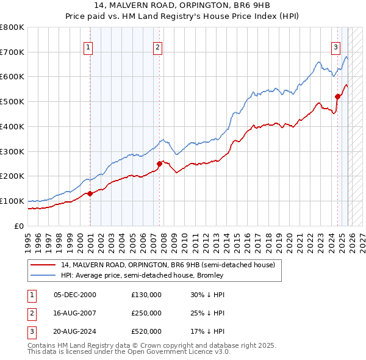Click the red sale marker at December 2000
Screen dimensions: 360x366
tap(90, 193)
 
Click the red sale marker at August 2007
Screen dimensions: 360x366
tap(159, 164)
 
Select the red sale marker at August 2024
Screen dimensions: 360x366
tap(337, 96)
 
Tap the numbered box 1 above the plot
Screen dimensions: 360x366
tap(88, 47)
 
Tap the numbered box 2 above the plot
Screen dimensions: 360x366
tap(157, 47)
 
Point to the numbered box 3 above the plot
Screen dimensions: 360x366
tap(335, 47)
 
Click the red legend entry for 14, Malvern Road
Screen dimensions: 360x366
tap(168, 265)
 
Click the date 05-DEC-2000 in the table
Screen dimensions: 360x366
tap(75, 295)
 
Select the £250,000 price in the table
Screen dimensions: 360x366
tap(146, 313)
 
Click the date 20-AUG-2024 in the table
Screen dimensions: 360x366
tap(75, 331)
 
